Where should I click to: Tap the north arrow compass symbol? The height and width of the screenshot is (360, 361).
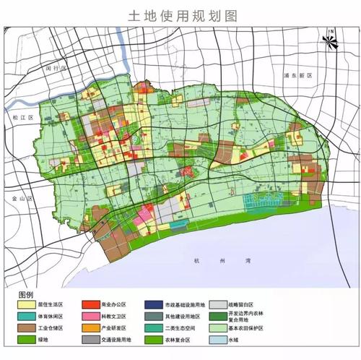[330, 41]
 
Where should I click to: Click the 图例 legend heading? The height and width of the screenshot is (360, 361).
[27, 295]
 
